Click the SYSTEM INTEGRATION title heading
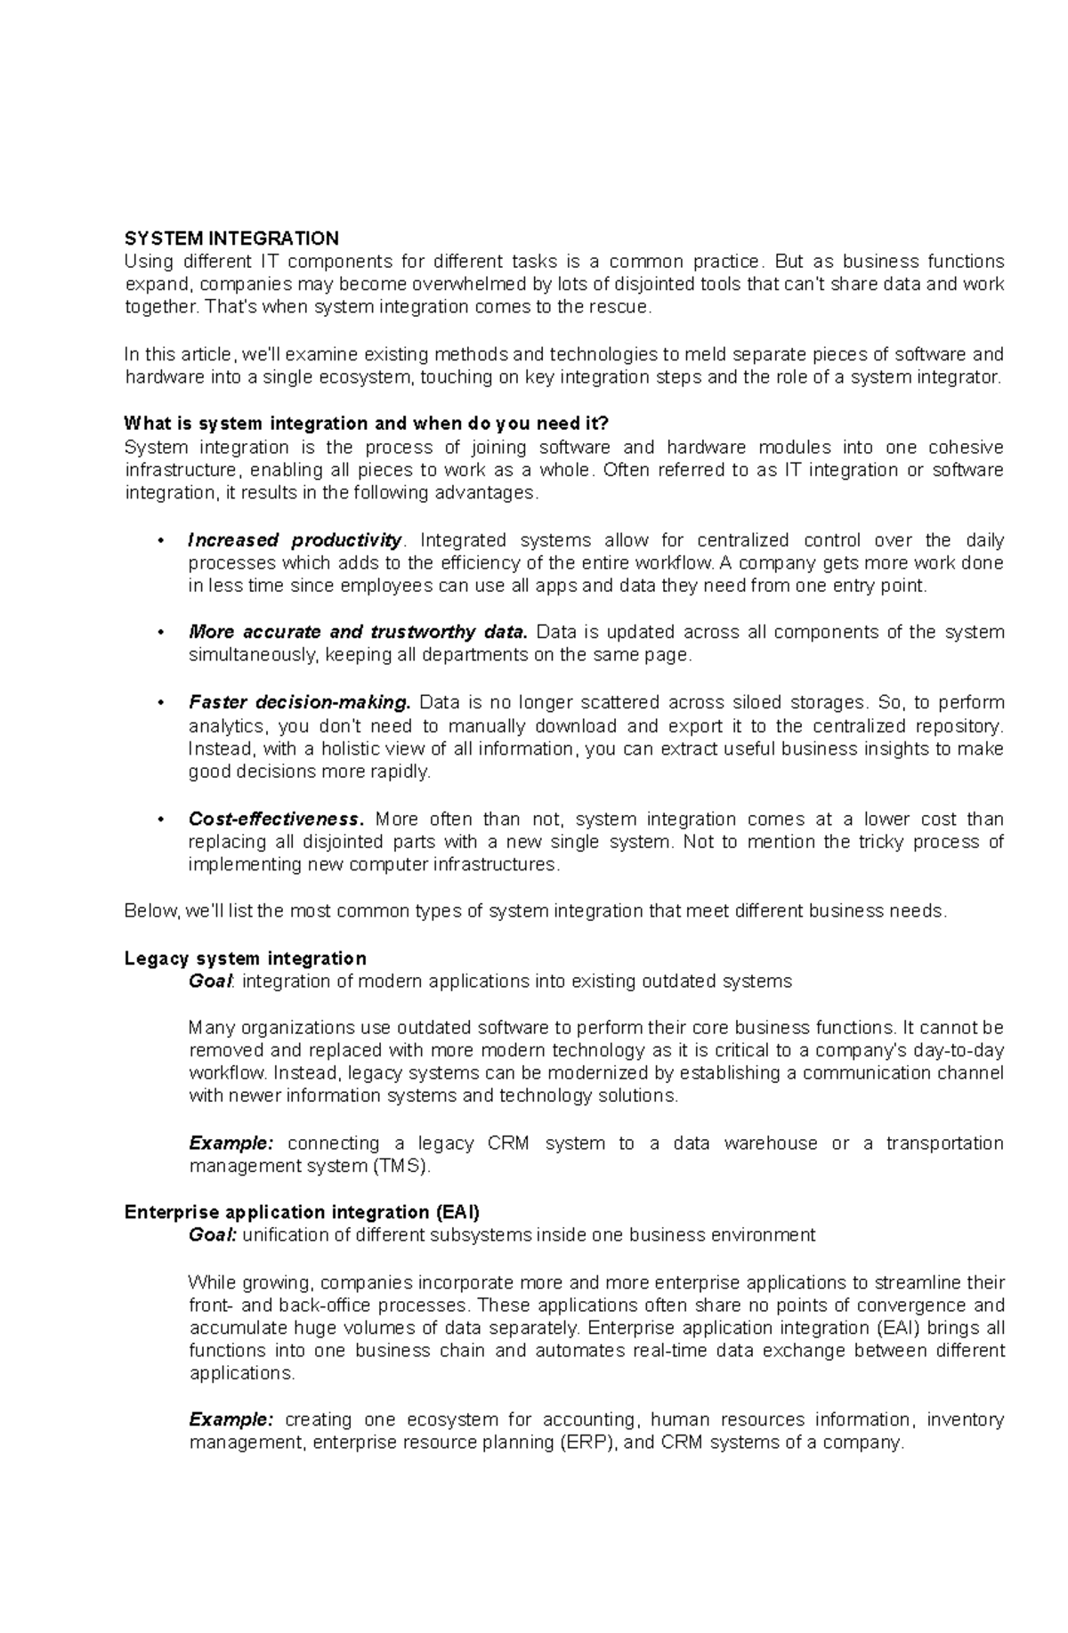click(231, 238)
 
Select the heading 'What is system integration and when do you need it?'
click(367, 423)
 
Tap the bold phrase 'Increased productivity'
click(295, 540)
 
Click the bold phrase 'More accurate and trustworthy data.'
click(358, 632)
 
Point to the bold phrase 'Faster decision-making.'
click(300, 702)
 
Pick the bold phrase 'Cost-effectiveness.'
click(276, 819)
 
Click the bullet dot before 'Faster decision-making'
click(160, 703)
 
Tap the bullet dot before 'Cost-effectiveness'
click(160, 820)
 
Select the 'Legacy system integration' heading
click(246, 958)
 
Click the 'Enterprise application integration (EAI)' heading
click(303, 1212)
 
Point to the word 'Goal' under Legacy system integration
click(210, 982)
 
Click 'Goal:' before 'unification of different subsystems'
click(213, 1235)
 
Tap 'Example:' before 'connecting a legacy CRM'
click(231, 1143)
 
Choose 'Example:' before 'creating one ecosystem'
click(231, 1419)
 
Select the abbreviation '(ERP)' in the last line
click(587, 1443)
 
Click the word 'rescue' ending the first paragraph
click(625, 308)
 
